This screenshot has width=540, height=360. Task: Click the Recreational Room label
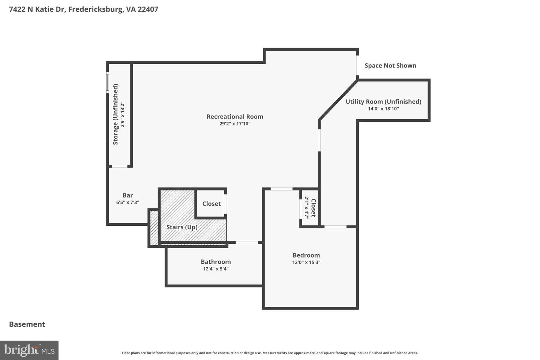tap(235, 117)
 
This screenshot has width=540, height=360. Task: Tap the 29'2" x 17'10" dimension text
tap(235, 124)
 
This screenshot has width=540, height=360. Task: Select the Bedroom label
tap(306, 255)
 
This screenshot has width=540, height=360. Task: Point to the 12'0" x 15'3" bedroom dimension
tap(306, 262)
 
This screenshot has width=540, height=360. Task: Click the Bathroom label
tap(216, 262)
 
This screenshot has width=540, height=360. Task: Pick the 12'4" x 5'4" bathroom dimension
tap(216, 269)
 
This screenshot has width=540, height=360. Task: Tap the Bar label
tap(127, 195)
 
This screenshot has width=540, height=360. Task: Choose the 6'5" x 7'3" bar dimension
tap(127, 202)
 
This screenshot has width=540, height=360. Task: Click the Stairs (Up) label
tap(182, 227)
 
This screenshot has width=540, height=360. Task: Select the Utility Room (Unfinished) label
tap(383, 102)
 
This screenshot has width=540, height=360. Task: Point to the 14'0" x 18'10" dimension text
tap(383, 109)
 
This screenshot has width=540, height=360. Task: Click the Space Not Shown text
tap(390, 66)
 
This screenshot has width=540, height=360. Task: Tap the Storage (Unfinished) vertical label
tap(115, 114)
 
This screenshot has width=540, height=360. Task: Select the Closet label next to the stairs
tap(211, 204)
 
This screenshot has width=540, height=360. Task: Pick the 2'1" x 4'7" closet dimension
tap(306, 208)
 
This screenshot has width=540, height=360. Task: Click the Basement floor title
tap(27, 324)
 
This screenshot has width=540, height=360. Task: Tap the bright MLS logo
tap(29, 350)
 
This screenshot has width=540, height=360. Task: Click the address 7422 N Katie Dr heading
tap(84, 9)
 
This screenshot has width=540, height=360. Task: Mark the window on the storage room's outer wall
tap(107, 83)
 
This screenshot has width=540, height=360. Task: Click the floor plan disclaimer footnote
tap(270, 353)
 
